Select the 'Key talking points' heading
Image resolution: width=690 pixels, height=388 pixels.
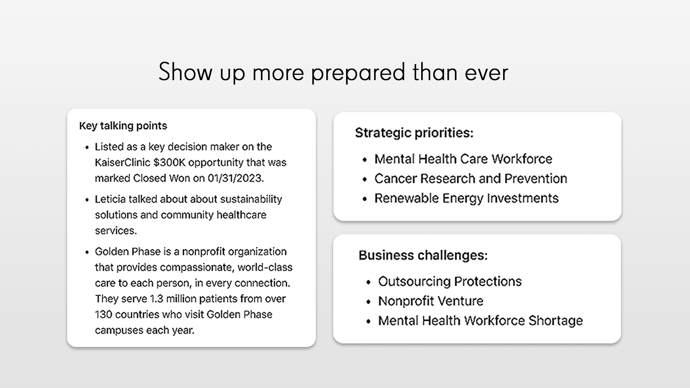(x=123, y=126)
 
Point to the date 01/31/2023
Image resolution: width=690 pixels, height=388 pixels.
(x=235, y=179)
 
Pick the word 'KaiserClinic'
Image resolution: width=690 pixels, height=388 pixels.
(x=123, y=163)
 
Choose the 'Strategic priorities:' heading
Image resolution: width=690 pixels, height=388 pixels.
(x=414, y=133)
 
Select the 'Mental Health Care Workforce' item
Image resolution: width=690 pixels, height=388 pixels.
(x=463, y=159)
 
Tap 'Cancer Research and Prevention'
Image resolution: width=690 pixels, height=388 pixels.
(x=471, y=179)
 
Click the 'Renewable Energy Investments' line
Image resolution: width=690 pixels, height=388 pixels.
(x=466, y=198)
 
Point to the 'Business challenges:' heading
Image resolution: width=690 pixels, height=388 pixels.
(x=423, y=255)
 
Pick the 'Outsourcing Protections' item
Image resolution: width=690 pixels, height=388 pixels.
(x=450, y=282)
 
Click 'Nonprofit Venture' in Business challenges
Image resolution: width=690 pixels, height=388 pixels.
(x=431, y=301)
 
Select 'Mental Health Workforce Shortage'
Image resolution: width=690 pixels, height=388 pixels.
(x=480, y=321)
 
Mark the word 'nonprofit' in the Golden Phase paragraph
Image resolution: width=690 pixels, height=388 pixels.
(x=203, y=252)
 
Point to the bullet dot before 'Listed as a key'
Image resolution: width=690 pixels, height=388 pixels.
(x=87, y=148)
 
